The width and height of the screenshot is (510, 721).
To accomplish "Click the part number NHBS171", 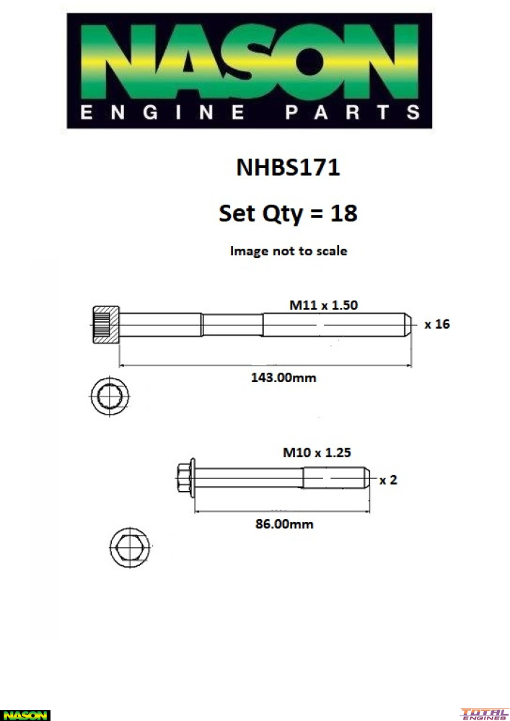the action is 288,167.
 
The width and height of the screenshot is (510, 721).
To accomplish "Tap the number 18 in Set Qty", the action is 343,213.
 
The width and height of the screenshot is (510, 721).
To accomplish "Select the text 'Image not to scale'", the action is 289,251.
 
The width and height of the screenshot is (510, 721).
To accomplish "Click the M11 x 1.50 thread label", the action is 323,305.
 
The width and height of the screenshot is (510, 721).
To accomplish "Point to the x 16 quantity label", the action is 437,324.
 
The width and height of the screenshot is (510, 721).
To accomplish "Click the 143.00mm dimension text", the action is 283,378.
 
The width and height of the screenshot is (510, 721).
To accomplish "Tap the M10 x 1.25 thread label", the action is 317,453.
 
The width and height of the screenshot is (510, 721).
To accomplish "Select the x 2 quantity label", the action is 387,480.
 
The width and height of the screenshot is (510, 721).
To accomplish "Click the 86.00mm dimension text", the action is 284,523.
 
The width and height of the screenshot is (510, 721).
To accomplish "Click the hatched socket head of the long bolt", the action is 106,324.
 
